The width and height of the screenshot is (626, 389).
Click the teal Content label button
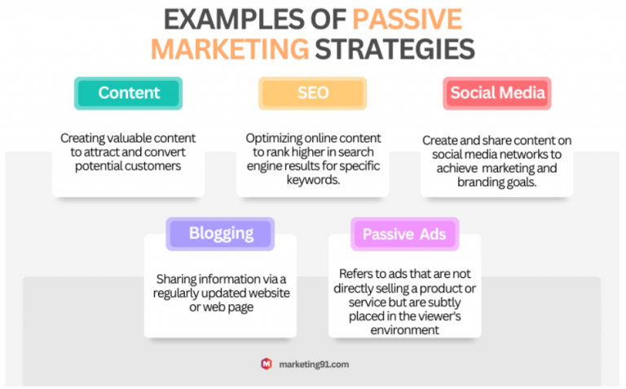pyautogui.click(x=128, y=93)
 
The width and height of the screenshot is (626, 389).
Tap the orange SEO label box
pyautogui.click(x=313, y=93)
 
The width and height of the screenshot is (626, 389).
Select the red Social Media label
pyautogui.click(x=497, y=93)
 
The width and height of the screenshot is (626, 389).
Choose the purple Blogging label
pyautogui.click(x=220, y=233)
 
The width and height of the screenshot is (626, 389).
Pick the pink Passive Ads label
pyautogui.click(x=405, y=233)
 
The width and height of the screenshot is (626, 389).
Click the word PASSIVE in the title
pyautogui.click(x=408, y=20)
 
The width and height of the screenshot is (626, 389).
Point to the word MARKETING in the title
pyautogui.click(x=230, y=49)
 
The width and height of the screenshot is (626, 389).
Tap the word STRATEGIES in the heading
pyautogui.click(x=395, y=49)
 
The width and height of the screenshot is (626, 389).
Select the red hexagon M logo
pyautogui.click(x=267, y=364)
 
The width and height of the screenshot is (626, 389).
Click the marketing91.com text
pyautogui.click(x=314, y=365)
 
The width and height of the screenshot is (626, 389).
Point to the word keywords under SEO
pyautogui.click(x=313, y=180)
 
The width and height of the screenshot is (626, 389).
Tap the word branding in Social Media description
pyautogui.click(x=476, y=183)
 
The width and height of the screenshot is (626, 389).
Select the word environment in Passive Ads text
pyautogui.click(x=405, y=330)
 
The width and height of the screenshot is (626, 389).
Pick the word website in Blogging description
pyautogui.click(x=269, y=293)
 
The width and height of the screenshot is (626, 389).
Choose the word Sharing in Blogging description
pyautogui.click(x=176, y=279)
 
